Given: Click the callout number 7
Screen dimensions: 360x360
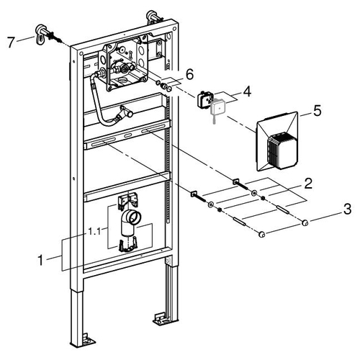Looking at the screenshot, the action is pyautogui.click(x=11, y=42).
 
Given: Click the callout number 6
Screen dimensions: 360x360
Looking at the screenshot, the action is pyautogui.click(x=189, y=74).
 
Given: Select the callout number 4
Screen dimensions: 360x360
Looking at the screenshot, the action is pyautogui.click(x=247, y=92).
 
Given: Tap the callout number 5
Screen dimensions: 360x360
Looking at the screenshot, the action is pyautogui.click(x=318, y=111).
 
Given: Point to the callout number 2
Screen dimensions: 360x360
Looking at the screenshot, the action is pyautogui.click(x=308, y=183).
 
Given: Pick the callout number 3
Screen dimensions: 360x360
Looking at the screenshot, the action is pyautogui.click(x=347, y=209).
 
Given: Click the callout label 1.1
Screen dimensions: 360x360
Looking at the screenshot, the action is pyautogui.click(x=94, y=231).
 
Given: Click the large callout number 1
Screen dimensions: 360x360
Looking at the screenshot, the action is pyautogui.click(x=41, y=260).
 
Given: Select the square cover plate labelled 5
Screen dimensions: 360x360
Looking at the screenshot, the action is pyautogui.click(x=277, y=142).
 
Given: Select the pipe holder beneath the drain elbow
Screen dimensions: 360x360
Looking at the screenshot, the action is pyautogui.click(x=127, y=245).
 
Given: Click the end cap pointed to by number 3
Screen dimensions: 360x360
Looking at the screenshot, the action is pyautogui.click(x=305, y=223).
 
